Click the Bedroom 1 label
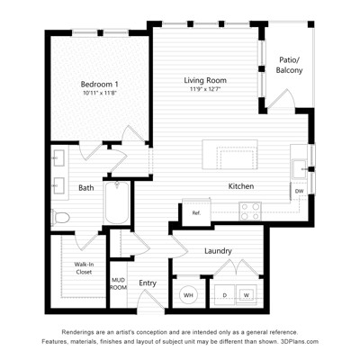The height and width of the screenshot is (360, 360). [x=99, y=84]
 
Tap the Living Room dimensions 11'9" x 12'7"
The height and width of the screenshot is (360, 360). [x=205, y=89]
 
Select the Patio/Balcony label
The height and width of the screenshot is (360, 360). [x=289, y=65]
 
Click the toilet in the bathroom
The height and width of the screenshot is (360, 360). [x=60, y=218]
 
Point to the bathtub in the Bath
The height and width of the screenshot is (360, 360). [x=117, y=202]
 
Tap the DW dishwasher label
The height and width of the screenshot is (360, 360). [x=299, y=191]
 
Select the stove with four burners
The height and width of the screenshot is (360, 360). [x=250, y=211]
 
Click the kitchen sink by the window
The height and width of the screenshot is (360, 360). [x=299, y=169]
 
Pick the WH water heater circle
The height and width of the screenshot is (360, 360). [x=188, y=295]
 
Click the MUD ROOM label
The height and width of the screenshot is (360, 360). [x=119, y=283]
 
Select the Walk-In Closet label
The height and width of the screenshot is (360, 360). [x=84, y=268]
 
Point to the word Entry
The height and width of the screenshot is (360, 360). [x=148, y=283]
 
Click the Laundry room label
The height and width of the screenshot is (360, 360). [x=218, y=251]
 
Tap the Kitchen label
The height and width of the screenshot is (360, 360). [x=241, y=186]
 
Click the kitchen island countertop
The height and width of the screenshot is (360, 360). [x=229, y=155]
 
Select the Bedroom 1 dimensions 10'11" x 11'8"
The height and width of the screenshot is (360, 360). [x=99, y=93]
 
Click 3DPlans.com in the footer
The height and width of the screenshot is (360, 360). [x=300, y=341]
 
